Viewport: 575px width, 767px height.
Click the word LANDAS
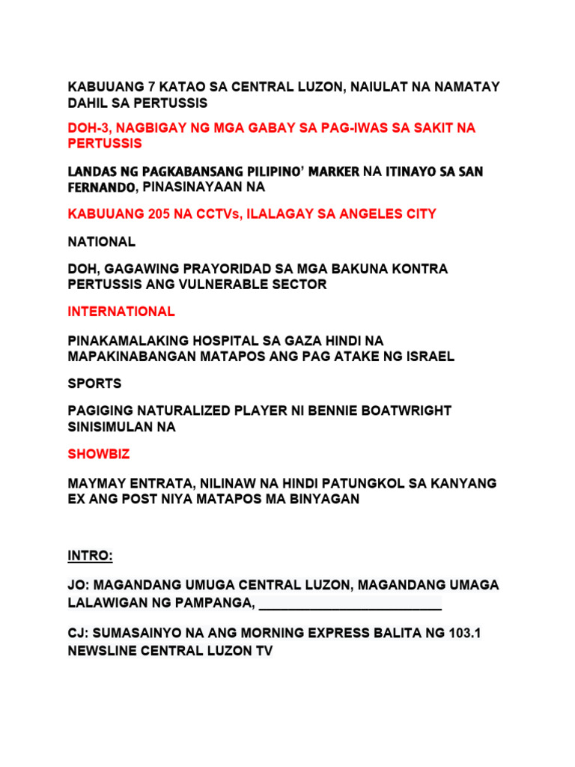point(92,172)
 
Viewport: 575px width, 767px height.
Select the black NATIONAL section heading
point(102,242)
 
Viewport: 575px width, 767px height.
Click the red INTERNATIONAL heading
point(121,312)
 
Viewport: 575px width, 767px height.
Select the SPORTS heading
point(94,383)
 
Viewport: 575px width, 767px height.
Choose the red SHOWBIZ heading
point(99,455)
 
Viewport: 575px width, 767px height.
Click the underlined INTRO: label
point(90,557)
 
